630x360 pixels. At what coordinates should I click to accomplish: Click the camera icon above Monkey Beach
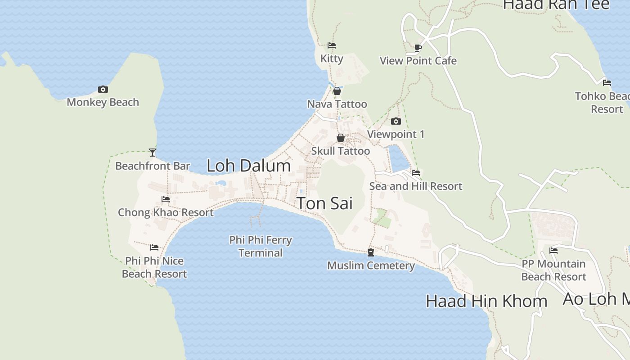(103, 89)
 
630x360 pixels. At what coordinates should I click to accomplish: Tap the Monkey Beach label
(103, 102)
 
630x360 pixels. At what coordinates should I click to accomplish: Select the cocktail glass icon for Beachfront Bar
(153, 153)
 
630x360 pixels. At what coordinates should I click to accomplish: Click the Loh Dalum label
(248, 166)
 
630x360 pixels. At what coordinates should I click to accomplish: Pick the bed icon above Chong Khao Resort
(166, 199)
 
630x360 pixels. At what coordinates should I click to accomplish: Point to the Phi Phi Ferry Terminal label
(261, 246)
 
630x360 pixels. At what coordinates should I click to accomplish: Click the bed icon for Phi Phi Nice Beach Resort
(154, 247)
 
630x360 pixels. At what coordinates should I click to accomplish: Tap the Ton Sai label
(324, 203)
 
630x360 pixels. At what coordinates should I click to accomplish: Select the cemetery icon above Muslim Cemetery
(371, 252)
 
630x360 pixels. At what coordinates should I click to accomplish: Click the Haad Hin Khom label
(486, 301)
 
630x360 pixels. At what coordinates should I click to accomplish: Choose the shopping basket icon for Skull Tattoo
(341, 138)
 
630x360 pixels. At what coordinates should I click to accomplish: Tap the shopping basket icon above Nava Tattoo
(337, 91)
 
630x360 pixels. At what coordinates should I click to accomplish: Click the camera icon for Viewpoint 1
(396, 121)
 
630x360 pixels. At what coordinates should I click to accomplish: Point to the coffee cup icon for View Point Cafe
(418, 48)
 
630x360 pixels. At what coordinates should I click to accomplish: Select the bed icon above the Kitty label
(332, 45)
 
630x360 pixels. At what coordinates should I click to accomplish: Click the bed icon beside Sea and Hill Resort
(416, 172)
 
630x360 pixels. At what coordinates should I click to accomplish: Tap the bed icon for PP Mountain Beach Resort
(553, 250)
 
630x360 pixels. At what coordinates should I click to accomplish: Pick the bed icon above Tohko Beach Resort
(607, 82)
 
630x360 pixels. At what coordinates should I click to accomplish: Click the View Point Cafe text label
(418, 61)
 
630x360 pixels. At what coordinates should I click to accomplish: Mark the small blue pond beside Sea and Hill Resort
(398, 158)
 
